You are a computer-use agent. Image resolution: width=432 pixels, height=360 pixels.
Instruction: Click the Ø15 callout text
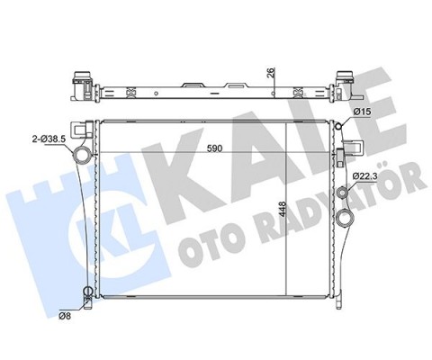pos(364,111)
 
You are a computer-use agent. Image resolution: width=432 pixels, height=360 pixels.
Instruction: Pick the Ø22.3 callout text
pos(367,175)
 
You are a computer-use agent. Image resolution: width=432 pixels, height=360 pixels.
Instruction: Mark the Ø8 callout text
pos(66,316)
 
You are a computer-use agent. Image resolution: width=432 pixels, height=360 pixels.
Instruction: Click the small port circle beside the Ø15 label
pos(340,127)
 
